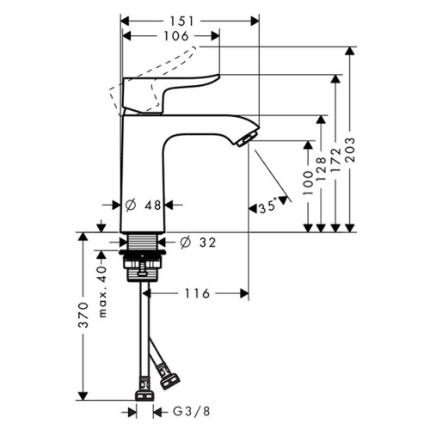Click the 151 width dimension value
182,21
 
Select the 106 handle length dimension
176,36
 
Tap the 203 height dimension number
350,150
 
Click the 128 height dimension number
322,169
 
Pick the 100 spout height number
308,183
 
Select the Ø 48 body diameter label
144,205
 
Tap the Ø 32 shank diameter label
198,243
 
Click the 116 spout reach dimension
197,293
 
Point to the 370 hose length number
83,315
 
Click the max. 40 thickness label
102,292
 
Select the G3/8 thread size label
192,412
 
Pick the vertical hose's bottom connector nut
144,396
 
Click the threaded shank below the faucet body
143,241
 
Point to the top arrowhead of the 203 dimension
350,51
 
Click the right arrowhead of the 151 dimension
255,21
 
